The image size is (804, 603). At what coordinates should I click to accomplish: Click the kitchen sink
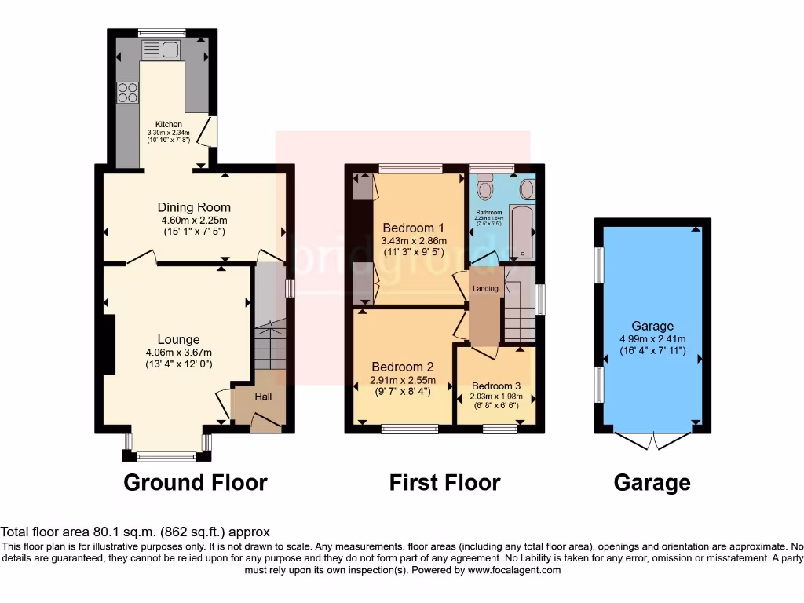click(161, 50)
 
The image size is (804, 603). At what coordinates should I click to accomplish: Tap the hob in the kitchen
click(127, 93)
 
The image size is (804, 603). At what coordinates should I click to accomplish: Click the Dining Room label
click(194, 207)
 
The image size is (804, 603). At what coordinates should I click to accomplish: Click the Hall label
click(263, 397)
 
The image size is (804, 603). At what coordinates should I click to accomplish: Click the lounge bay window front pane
click(166, 456)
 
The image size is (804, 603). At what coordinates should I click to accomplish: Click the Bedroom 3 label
click(495, 386)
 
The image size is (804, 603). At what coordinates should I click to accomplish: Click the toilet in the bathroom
click(484, 188)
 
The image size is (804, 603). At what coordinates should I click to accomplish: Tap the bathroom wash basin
click(527, 188)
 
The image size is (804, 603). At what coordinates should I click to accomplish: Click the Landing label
click(485, 289)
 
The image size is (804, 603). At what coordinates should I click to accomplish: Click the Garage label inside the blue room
click(652, 326)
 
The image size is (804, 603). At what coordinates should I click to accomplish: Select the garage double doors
click(652, 440)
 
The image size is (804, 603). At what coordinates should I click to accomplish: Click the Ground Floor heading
click(195, 482)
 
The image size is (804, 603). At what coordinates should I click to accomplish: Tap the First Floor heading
click(444, 482)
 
